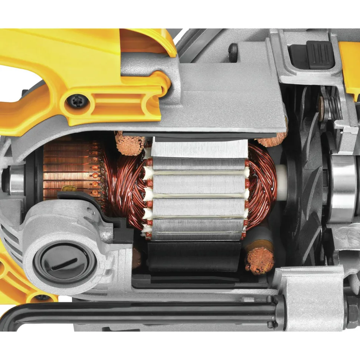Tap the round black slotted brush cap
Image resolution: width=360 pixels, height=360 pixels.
[x=65, y=262]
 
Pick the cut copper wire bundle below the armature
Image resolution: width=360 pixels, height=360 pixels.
[x=259, y=260]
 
